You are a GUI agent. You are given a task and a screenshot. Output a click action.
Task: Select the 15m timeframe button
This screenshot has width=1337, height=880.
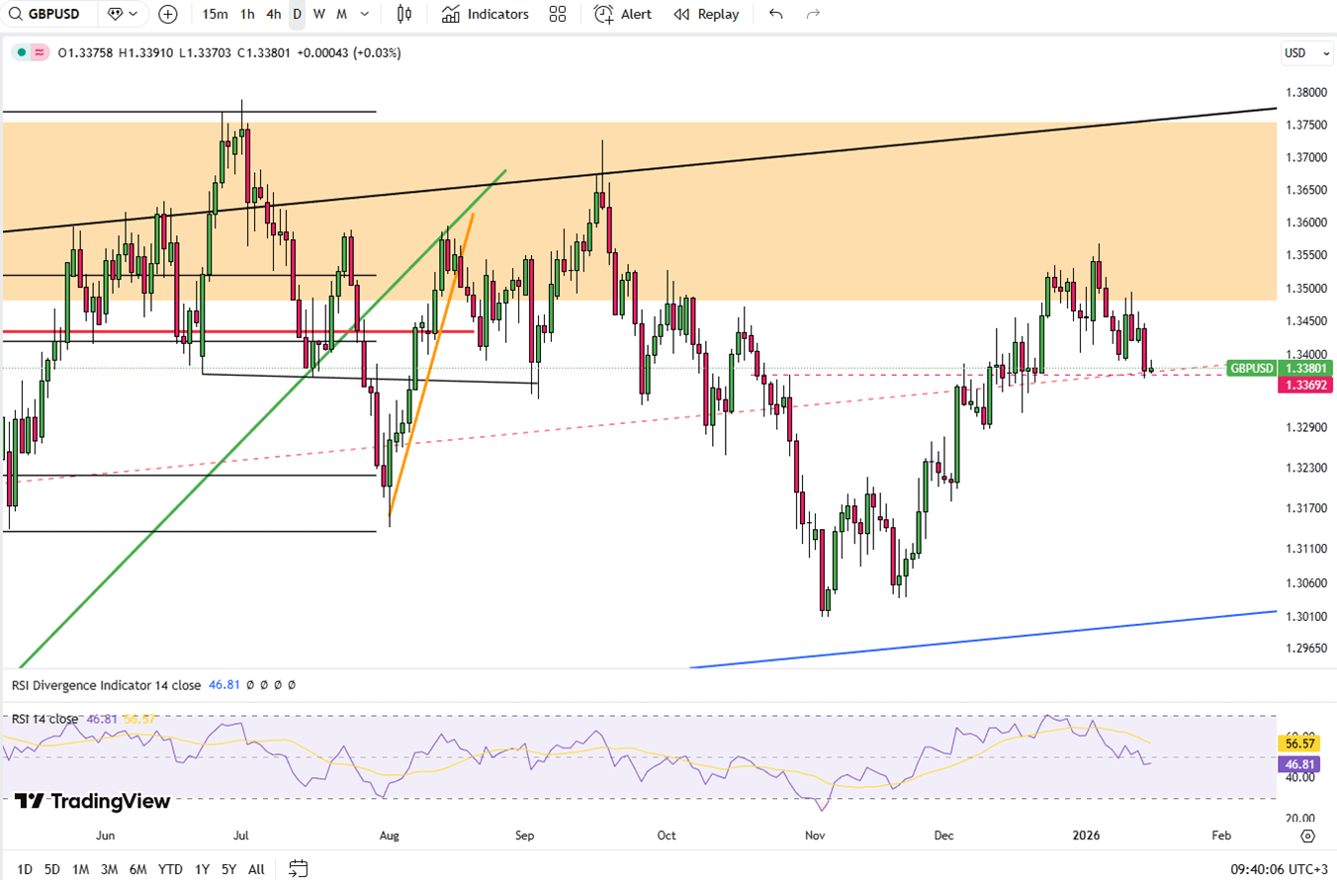click(x=215, y=14)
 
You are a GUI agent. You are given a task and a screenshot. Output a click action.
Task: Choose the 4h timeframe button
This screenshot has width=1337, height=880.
click(x=274, y=14)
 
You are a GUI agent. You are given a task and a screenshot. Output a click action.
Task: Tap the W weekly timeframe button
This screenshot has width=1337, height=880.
click(x=319, y=14)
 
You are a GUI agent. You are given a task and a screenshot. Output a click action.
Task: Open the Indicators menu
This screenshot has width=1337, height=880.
click(x=486, y=14)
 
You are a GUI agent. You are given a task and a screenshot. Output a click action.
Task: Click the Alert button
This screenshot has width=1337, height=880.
click(x=623, y=14)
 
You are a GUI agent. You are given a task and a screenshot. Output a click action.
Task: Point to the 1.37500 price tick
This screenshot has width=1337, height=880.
click(x=1305, y=125)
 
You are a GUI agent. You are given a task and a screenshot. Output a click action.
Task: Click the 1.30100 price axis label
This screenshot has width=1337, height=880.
click(x=1305, y=616)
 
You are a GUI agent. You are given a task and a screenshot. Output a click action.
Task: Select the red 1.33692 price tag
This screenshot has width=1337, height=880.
click(x=1305, y=385)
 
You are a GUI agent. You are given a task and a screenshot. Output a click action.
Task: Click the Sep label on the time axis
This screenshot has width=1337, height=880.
click(x=525, y=836)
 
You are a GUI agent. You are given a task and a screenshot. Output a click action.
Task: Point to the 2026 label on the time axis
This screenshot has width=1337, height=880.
click(x=1088, y=836)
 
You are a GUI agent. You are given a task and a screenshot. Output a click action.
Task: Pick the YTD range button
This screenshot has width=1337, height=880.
click(x=169, y=869)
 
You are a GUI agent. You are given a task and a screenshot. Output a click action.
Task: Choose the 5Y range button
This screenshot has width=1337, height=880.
click(x=228, y=869)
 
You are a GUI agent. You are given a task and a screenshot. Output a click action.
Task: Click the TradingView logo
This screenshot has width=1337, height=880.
click(x=93, y=801)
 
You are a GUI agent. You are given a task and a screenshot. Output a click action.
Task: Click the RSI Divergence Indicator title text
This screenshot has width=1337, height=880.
click(x=106, y=684)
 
